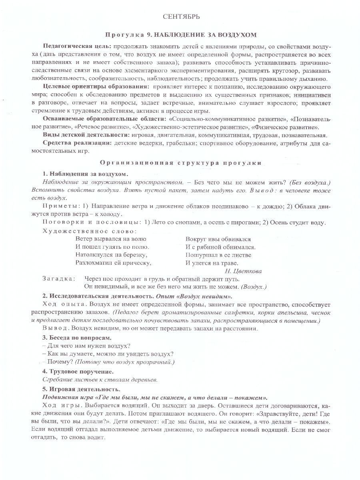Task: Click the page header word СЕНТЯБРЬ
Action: point(181,17)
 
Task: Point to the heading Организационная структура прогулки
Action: point(181,163)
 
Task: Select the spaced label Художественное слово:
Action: point(90,231)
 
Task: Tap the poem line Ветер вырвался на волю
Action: point(111,239)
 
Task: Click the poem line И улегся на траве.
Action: point(212,263)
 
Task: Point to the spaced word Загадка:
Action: point(58,279)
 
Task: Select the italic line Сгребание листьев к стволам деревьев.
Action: point(100,379)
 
